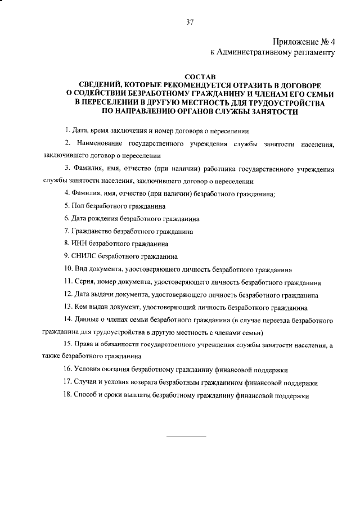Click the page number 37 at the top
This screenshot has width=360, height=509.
pos(190,22)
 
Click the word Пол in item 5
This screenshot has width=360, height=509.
pos(76,206)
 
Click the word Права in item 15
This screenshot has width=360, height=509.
pos(83,345)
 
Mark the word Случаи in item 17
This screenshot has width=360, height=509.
pos(86,382)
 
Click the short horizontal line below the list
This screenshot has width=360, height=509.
pos(187,436)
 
